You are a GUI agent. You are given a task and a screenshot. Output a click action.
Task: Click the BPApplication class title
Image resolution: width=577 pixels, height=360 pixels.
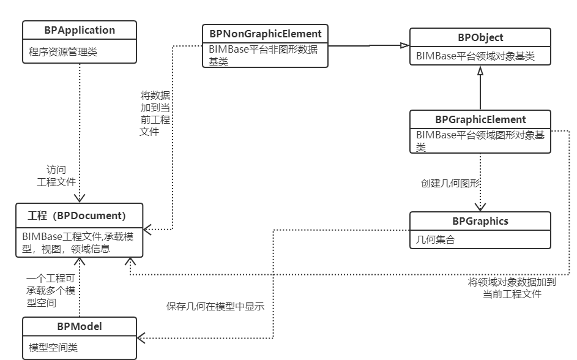(x=80, y=30)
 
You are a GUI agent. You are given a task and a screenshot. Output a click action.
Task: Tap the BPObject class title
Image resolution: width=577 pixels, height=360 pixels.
(x=480, y=38)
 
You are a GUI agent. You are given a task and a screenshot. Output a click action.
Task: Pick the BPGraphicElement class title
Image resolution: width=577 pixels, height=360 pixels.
(x=480, y=119)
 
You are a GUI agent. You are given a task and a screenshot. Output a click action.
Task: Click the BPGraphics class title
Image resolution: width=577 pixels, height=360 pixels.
(x=480, y=221)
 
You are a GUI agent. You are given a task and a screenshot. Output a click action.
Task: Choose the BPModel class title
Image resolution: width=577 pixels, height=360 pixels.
(x=80, y=326)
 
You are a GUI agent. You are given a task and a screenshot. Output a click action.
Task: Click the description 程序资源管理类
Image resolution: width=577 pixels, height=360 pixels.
(x=63, y=52)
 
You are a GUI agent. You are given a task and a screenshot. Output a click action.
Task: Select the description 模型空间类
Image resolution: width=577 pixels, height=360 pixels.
(x=53, y=348)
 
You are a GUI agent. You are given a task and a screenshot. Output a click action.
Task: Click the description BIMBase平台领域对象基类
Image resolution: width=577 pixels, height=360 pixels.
(x=475, y=56)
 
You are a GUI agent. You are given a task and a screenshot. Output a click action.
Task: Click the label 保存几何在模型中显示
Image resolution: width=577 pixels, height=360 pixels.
(x=215, y=307)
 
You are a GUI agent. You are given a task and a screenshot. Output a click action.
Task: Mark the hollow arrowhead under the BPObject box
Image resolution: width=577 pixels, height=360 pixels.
(x=480, y=71)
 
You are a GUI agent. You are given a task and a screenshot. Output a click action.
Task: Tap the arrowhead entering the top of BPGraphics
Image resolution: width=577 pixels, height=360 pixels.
(x=480, y=207)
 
